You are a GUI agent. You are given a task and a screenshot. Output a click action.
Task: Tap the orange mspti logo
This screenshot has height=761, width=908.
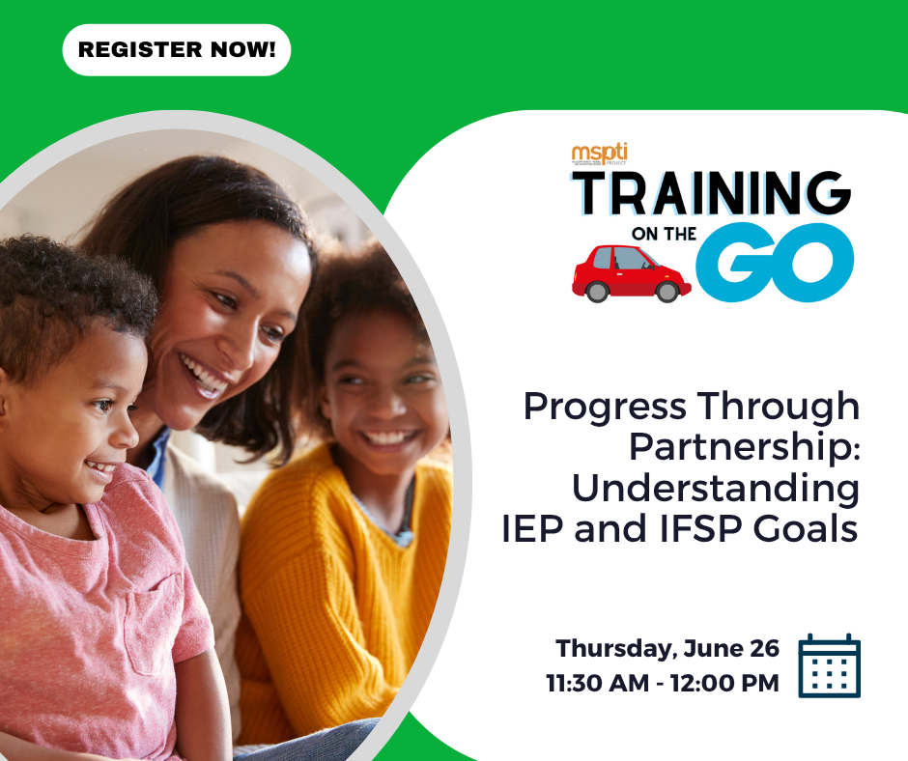pos(599,154)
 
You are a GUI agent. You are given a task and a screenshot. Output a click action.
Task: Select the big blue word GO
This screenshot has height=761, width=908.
pos(778,261)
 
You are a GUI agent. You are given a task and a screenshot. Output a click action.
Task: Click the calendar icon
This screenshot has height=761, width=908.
pos(829,665)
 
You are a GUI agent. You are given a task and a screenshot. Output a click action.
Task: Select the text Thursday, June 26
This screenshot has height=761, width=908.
pos(667,649)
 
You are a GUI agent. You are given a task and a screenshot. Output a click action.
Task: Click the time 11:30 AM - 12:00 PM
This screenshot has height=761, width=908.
pos(662,684)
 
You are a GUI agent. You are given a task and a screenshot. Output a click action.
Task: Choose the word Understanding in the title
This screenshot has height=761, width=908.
pos(715,489)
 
